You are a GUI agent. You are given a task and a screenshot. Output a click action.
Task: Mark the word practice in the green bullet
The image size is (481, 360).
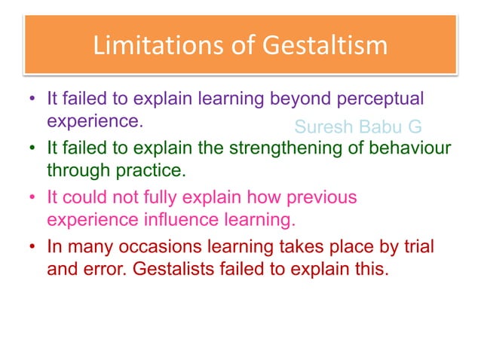[154, 170]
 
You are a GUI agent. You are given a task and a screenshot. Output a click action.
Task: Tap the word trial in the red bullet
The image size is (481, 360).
[418, 246]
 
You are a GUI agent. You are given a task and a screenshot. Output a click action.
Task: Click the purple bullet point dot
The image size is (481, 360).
[32, 99]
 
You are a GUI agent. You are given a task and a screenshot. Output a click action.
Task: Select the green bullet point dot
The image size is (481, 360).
[32, 149]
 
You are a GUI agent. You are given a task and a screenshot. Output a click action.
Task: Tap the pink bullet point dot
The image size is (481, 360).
[32, 199]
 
